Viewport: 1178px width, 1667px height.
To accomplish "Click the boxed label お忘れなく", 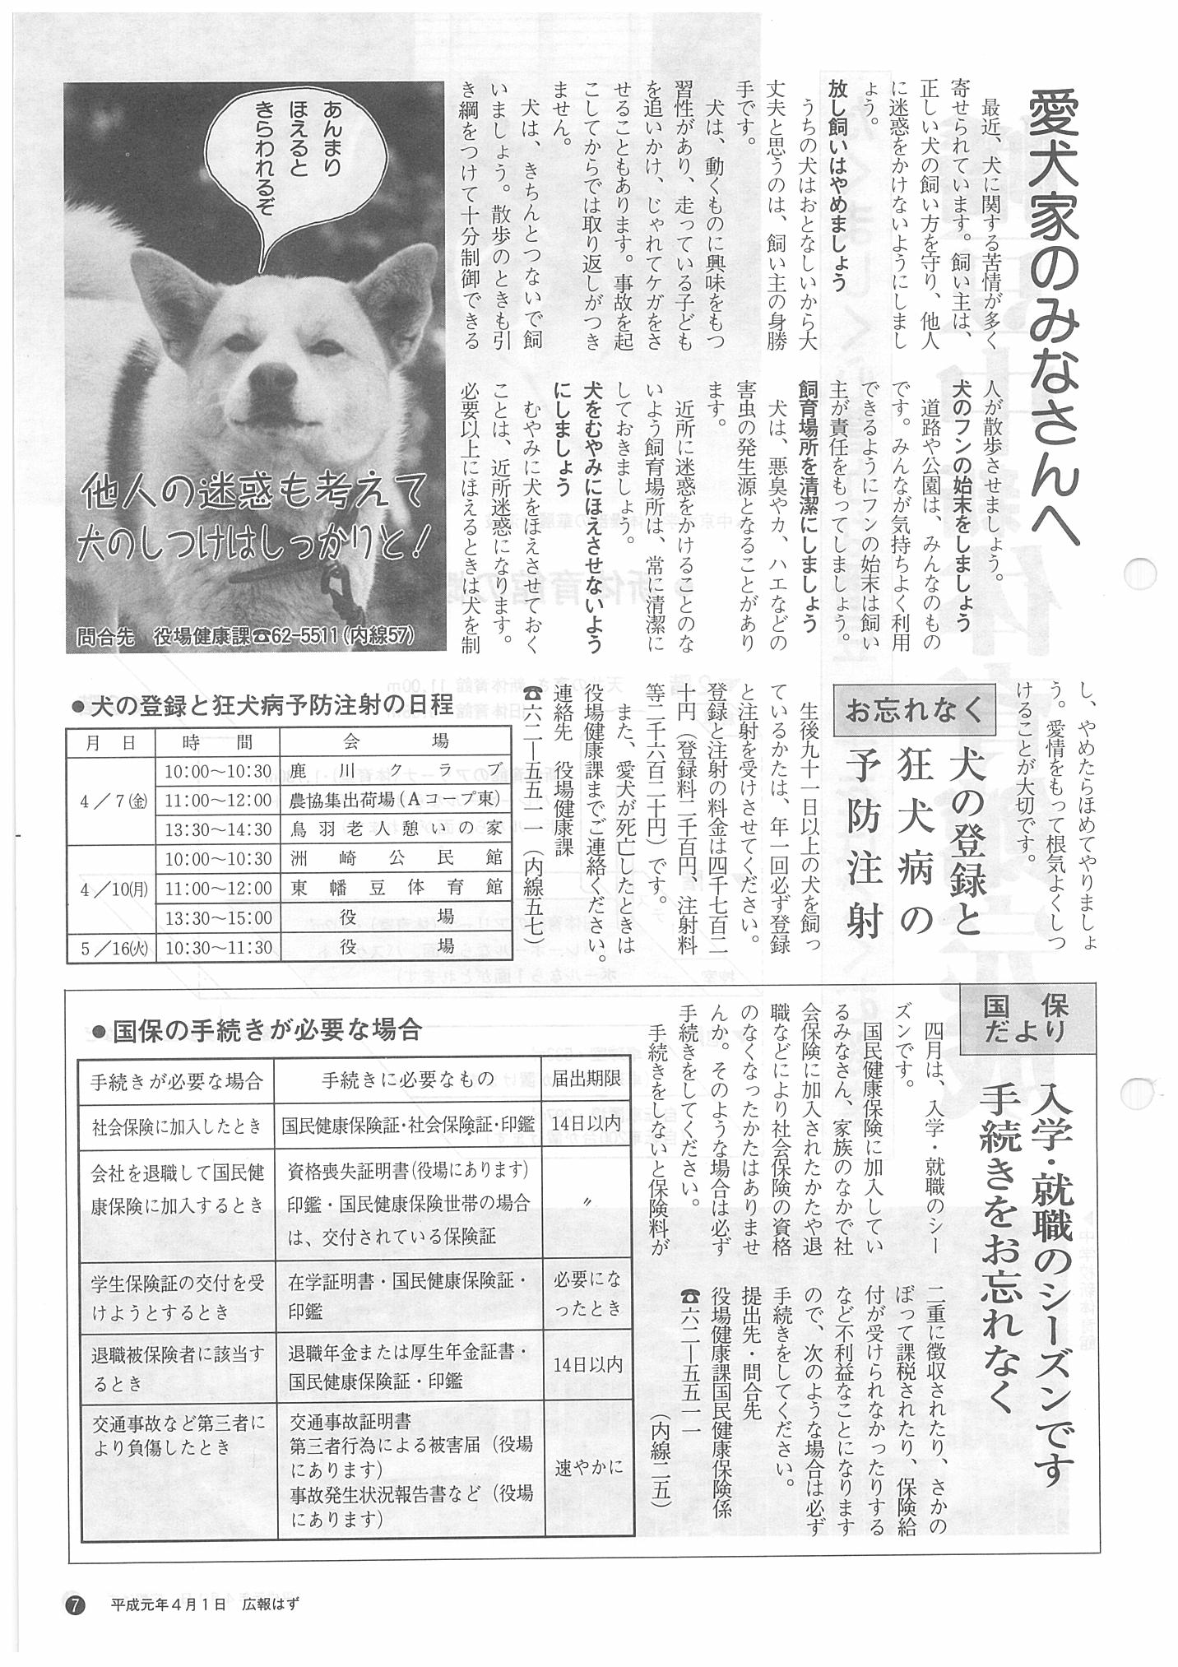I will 914,709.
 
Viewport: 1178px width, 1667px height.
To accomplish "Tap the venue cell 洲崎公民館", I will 397,858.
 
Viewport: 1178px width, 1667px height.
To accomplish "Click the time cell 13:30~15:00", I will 218,917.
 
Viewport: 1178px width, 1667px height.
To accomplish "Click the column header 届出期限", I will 587,1079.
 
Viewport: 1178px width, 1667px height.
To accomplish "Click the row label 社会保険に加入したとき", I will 177,1122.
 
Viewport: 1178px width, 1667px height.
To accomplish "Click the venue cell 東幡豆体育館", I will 397,888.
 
